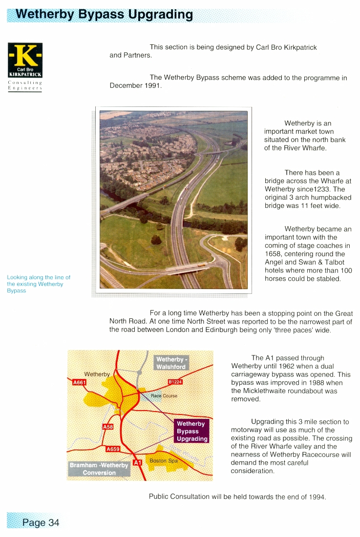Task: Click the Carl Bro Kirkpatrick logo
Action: click(x=25, y=60)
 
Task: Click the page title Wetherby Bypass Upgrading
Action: click(x=104, y=14)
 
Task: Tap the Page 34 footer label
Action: click(x=41, y=522)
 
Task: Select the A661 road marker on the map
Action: click(x=79, y=382)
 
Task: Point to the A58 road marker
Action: click(x=107, y=427)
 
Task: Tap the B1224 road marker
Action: click(x=175, y=382)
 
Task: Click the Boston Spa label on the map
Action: click(x=164, y=460)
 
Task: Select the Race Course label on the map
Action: click(x=164, y=395)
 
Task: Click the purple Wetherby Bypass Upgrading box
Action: click(x=191, y=431)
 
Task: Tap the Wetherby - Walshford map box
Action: click(x=170, y=363)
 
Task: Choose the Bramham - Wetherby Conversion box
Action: click(x=99, y=469)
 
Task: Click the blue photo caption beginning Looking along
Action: click(x=39, y=284)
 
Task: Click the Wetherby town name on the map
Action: click(x=97, y=374)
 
